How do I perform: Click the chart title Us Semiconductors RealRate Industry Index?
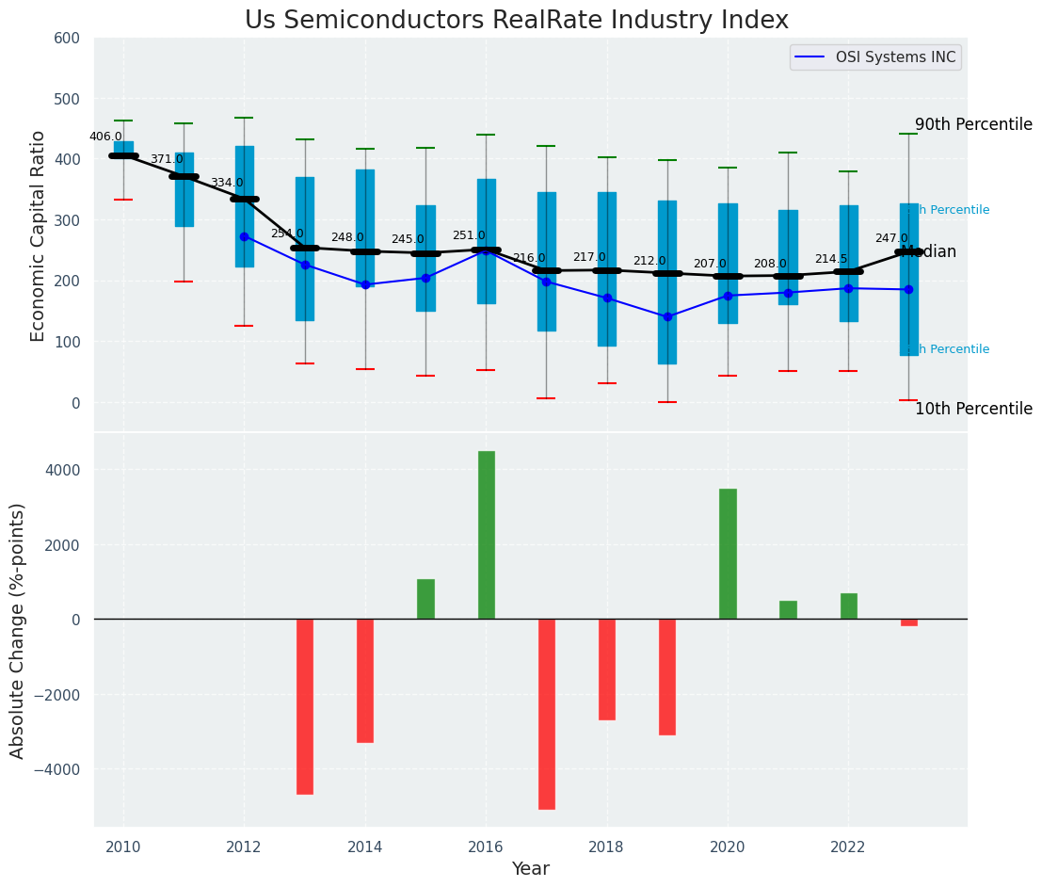pos(516,21)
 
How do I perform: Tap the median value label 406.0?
pos(105,137)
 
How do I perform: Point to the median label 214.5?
pos(831,259)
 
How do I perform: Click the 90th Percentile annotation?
pos(973,124)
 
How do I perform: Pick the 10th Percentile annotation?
pos(973,409)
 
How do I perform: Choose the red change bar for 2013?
pos(305,706)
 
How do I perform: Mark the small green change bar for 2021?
pos(788,610)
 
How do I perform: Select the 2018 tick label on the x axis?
pos(607,847)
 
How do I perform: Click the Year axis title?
pos(530,869)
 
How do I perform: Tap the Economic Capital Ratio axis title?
pos(39,235)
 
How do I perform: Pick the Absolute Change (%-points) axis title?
pos(18,630)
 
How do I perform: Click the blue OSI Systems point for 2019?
pos(667,316)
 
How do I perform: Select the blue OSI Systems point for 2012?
pos(245,236)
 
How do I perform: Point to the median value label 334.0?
pos(227,183)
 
